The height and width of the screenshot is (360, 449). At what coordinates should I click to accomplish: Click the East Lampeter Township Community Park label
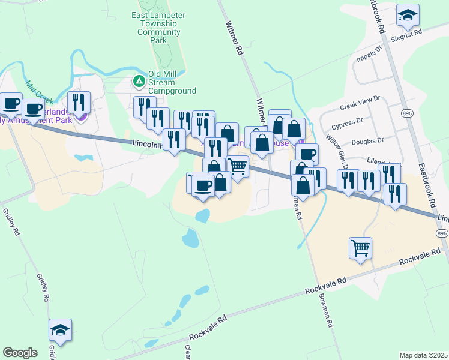click(158, 28)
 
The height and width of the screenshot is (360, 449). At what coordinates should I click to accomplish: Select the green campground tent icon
click(139, 80)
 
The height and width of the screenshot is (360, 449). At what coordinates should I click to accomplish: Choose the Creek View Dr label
click(360, 102)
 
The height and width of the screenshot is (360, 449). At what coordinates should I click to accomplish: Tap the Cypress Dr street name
click(347, 124)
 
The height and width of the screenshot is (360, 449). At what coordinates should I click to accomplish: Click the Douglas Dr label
click(368, 140)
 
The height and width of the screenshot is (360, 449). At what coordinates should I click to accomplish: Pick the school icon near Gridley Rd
click(60, 330)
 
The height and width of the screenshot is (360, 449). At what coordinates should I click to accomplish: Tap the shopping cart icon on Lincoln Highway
click(238, 166)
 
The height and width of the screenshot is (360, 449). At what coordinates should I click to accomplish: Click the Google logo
click(20, 353)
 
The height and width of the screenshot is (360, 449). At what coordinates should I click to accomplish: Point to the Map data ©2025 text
click(424, 355)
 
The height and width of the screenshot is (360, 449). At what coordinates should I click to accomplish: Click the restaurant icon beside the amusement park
click(79, 103)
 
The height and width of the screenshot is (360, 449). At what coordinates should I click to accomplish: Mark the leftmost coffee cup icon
click(11, 104)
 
